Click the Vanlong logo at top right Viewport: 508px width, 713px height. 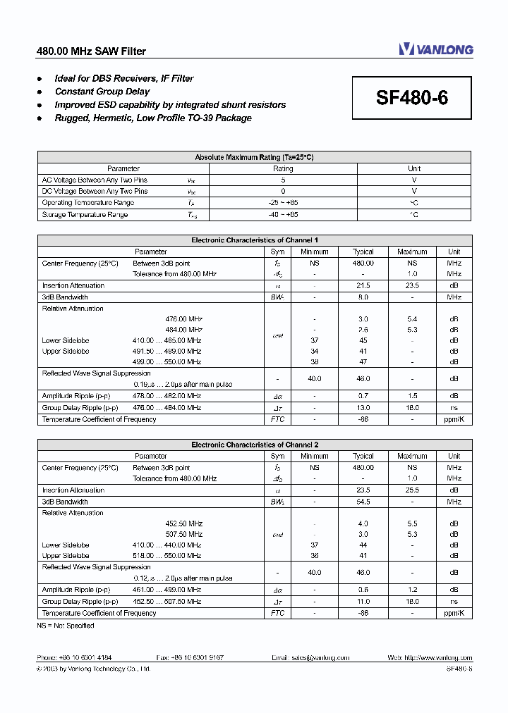click(435, 49)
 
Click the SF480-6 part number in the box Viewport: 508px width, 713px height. click(411, 98)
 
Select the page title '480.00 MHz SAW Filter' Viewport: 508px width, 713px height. click(91, 51)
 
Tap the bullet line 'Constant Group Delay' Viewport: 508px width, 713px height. click(102, 92)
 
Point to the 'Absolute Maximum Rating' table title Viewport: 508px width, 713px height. click(254, 157)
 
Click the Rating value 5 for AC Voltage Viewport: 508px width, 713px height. click(283, 180)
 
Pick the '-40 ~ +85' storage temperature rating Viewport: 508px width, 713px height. click(283, 214)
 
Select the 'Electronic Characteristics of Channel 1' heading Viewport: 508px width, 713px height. click(254, 240)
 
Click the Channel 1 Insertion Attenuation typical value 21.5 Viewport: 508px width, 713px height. click(363, 285)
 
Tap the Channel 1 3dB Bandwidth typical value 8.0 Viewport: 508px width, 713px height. click(363, 297)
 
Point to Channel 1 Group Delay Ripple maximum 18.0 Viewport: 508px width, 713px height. click(412, 408)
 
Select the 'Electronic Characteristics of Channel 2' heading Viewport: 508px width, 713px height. click(254, 445)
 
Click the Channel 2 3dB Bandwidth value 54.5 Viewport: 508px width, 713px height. click(363, 502)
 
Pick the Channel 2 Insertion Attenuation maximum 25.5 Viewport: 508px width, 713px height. click(412, 490)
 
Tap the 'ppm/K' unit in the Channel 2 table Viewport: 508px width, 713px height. click(454, 613)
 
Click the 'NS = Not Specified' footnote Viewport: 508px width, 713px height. click(66, 625)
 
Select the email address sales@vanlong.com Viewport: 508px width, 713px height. click(310, 657)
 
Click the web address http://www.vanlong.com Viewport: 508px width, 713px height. click(429, 657)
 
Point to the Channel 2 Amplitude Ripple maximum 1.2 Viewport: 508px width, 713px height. click(412, 590)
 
